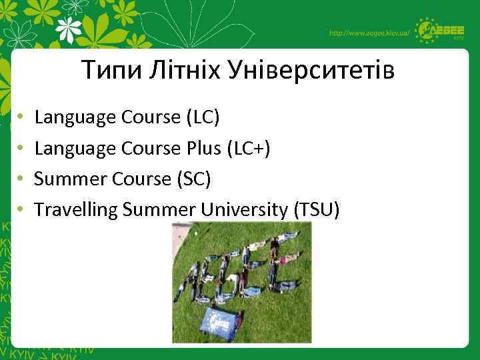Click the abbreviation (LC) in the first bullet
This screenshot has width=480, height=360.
point(201,118)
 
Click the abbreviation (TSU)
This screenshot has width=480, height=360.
point(316,210)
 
